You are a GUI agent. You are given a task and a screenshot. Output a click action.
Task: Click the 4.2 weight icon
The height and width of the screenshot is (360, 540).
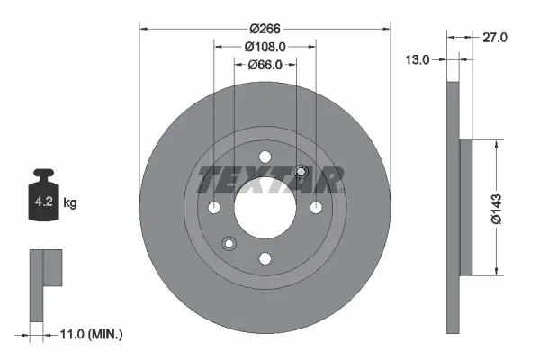(42, 200)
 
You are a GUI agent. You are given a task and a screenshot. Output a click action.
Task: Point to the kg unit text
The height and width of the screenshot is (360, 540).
(70, 203)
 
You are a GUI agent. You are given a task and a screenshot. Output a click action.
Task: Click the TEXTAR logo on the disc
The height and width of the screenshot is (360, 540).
(270, 180)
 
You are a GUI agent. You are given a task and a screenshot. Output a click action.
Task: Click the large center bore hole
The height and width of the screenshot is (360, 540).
(265, 208)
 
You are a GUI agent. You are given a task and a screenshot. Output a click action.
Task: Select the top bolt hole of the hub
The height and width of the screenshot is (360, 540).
(265, 157)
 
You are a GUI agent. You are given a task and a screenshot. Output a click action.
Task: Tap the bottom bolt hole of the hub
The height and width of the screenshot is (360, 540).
(265, 259)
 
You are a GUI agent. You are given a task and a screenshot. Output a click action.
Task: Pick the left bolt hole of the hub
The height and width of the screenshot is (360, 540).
(214, 208)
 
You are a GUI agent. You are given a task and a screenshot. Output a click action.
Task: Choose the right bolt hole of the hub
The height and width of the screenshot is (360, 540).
(316, 208)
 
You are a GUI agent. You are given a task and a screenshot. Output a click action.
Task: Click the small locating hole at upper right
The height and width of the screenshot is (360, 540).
(301, 173)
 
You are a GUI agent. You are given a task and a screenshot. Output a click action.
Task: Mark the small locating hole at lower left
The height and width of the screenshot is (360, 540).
(229, 243)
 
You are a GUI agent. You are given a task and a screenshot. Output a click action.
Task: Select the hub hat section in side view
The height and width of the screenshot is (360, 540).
(465, 208)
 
